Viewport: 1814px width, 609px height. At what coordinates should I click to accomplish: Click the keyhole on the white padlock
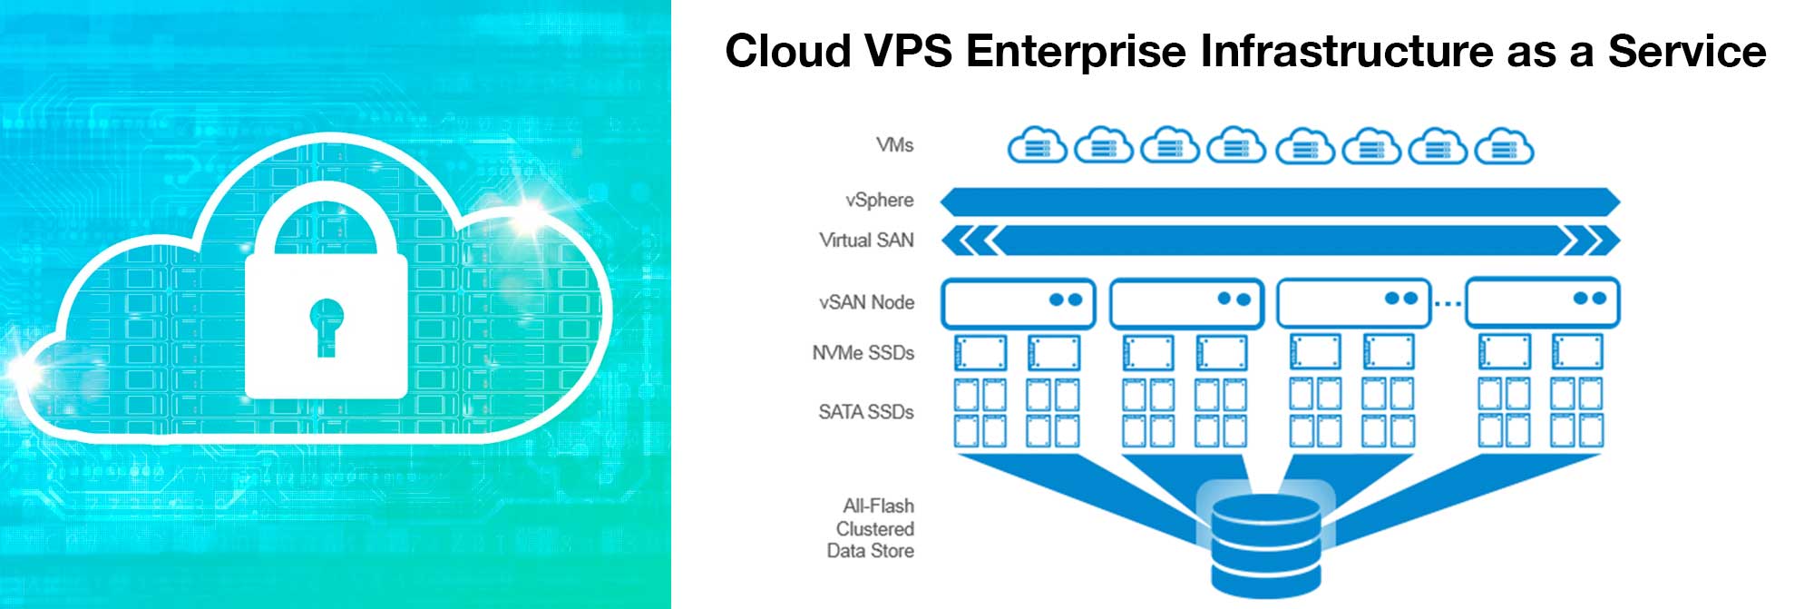click(327, 327)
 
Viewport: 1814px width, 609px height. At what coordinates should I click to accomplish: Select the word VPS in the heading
click(908, 51)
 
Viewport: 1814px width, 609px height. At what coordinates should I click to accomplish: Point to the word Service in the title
click(1687, 51)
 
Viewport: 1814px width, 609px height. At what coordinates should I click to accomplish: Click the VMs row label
click(894, 145)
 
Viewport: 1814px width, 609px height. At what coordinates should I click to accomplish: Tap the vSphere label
click(879, 200)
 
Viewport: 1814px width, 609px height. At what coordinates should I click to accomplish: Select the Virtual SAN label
click(866, 241)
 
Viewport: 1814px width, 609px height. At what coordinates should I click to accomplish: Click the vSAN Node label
click(866, 302)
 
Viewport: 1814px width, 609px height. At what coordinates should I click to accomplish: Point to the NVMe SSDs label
click(863, 353)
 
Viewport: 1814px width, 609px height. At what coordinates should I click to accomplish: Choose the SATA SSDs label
click(865, 412)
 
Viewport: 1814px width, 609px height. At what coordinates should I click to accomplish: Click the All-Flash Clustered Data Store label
click(871, 528)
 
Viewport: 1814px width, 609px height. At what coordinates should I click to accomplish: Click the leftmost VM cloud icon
click(1038, 145)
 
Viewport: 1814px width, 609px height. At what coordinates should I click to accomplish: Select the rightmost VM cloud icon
click(1504, 145)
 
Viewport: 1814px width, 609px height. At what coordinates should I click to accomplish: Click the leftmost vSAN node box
click(1019, 303)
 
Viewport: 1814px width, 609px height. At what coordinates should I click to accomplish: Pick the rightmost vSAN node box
click(1543, 303)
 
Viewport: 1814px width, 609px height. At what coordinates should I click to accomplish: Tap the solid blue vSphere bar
click(1280, 201)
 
